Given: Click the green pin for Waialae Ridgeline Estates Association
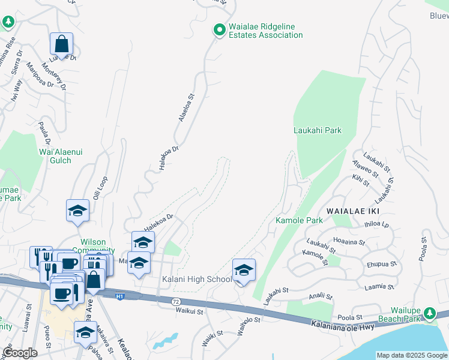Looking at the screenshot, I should coord(220,29).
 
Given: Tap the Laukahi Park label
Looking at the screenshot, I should coord(318,130).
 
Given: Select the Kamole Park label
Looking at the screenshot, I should coord(299,220).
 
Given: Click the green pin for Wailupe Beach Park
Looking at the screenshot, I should coord(429,313).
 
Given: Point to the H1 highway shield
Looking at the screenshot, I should coord(120,295).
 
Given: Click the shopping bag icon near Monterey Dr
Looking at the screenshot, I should coord(61,43).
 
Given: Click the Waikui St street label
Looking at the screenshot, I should coord(190,311).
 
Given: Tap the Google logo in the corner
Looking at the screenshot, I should coord(20,353).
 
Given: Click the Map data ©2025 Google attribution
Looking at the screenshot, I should coord(412,355).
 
